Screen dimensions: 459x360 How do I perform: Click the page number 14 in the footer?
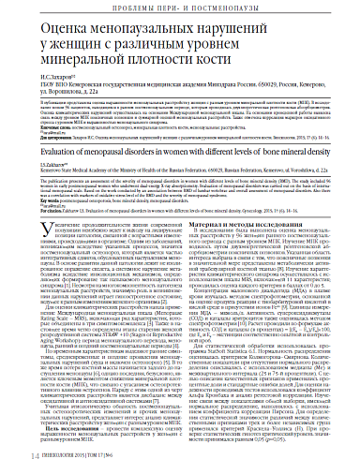pos(9,452)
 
